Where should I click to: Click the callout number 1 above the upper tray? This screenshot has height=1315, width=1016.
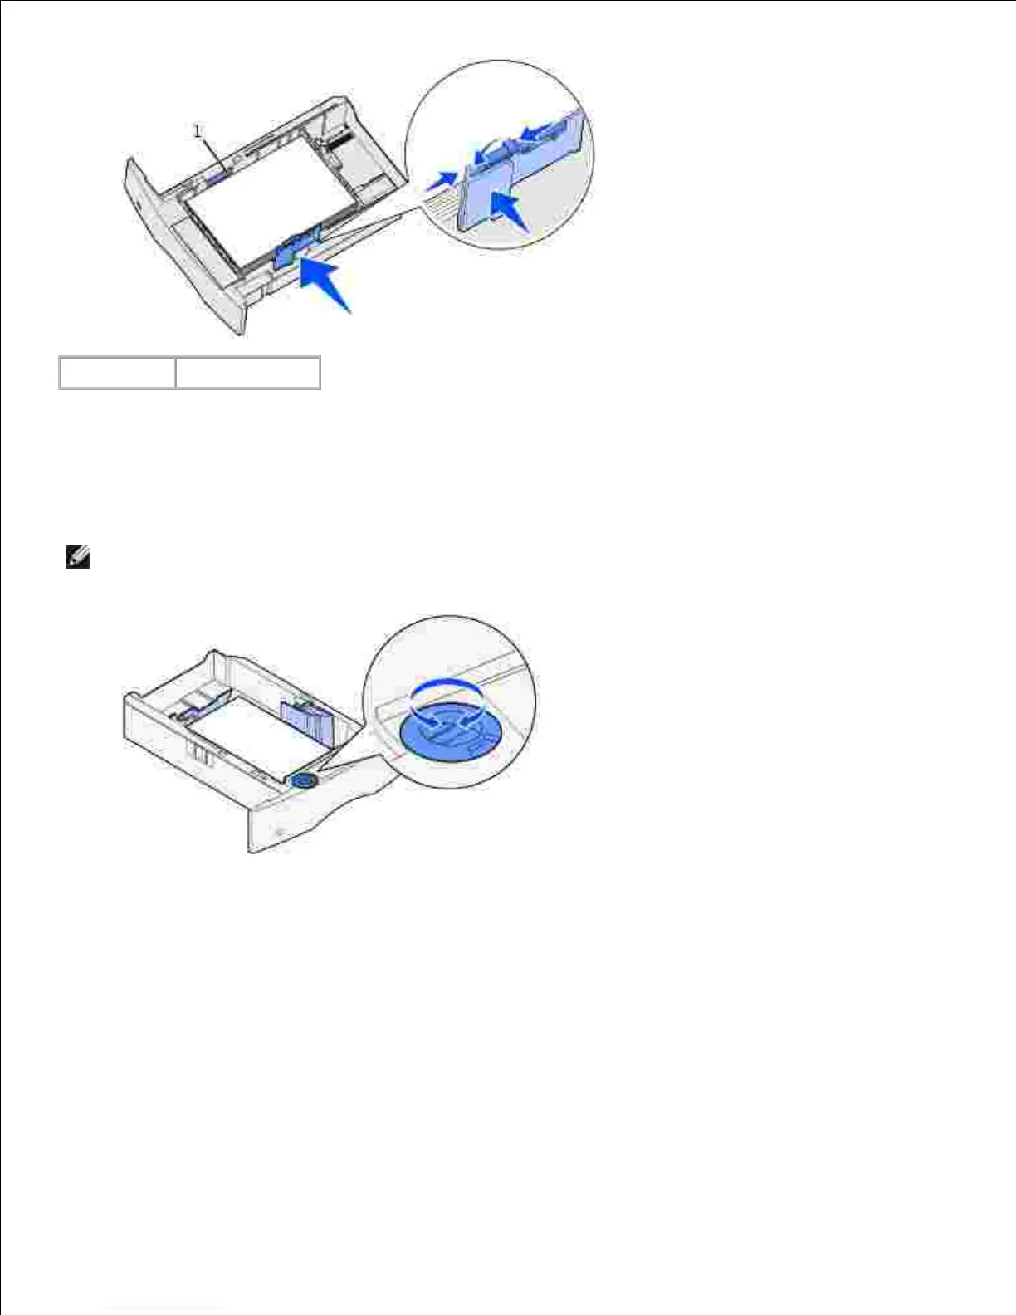pyautogui.click(x=198, y=130)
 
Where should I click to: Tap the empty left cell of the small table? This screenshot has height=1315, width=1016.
pyautogui.click(x=117, y=373)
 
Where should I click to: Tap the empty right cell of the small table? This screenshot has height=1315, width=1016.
pyautogui.click(x=247, y=373)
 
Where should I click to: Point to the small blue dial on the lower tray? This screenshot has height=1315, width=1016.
pyautogui.click(x=303, y=780)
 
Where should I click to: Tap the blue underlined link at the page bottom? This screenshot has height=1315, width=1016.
pyautogui.click(x=165, y=1308)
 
